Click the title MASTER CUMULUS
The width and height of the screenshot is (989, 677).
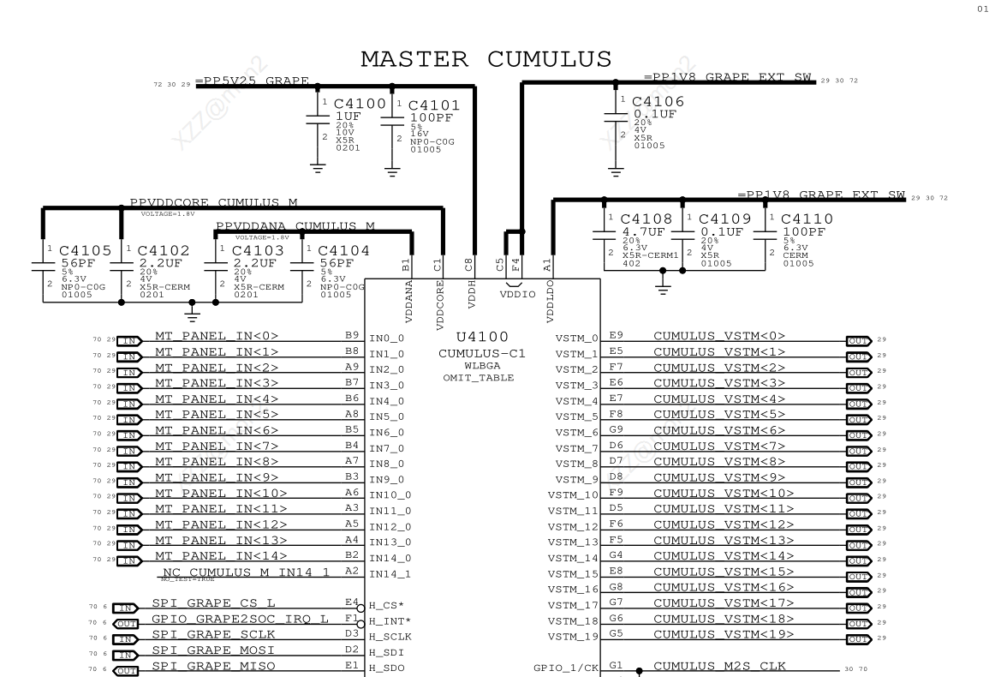(486, 59)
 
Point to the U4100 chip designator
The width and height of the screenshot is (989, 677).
(482, 337)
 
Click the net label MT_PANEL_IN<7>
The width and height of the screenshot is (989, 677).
(216, 446)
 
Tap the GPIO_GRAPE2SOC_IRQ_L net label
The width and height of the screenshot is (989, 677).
(237, 617)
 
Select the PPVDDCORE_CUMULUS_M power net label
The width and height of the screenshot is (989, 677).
(213, 203)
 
